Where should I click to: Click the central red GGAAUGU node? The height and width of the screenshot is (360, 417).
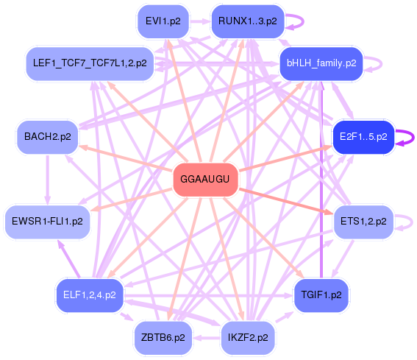pos(205,180)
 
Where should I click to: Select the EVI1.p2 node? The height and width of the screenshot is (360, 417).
pos(163,21)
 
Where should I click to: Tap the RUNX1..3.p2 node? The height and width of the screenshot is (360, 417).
pos(248,21)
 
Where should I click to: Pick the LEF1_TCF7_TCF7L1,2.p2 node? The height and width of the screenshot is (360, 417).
pos(90,63)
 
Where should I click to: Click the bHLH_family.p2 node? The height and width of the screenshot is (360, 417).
pos(321,63)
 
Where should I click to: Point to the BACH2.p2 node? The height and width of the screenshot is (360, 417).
pos(48,137)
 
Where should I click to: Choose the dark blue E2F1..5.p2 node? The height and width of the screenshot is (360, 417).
pos(363,137)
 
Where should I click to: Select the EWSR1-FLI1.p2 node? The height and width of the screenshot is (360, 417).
pos(48,222)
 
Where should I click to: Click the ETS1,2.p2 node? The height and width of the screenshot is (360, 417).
pos(363,222)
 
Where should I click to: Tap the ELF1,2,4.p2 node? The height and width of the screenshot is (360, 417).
pos(90,295)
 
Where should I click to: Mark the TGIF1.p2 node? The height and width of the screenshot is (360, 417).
pos(321,295)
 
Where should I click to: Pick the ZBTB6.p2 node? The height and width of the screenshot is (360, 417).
pos(163,338)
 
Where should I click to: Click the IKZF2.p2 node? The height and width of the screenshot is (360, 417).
pos(248,338)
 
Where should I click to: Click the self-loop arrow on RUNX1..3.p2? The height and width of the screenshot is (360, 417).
pos(303,21)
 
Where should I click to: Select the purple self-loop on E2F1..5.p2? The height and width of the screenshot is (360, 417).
pos(413,138)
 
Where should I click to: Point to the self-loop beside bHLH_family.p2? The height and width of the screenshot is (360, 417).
pos(382,63)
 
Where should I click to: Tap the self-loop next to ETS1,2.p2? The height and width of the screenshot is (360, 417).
pos(412,222)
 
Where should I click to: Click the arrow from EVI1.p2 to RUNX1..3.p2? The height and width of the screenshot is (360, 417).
pos(200,21)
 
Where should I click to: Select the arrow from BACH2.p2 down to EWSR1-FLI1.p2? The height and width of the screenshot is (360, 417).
pos(48,180)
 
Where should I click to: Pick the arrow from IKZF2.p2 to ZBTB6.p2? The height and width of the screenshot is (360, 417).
pos(207,338)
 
